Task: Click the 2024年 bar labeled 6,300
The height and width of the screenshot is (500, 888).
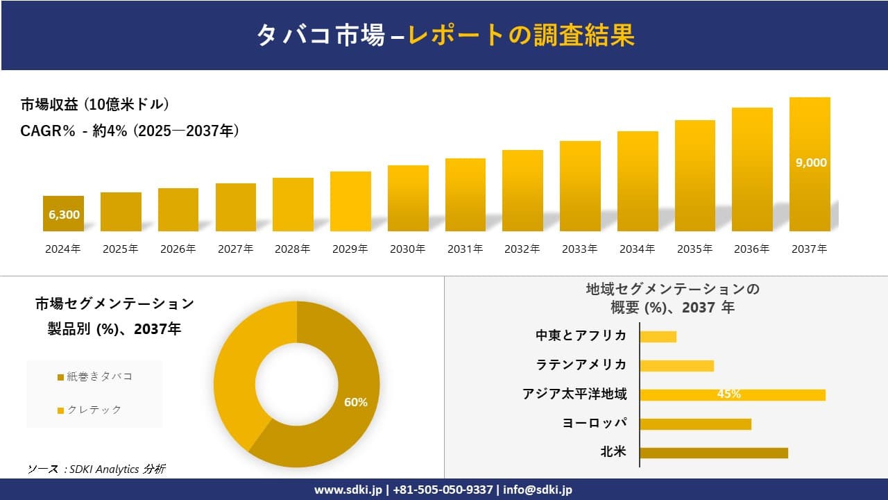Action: click(63, 214)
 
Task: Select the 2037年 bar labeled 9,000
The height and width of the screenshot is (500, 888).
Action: click(810, 164)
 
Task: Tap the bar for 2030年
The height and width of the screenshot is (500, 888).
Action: click(408, 199)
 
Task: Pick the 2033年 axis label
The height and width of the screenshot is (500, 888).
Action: click(579, 249)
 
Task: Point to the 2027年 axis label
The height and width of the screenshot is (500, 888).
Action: click(235, 249)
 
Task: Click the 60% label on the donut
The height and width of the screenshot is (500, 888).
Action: click(356, 402)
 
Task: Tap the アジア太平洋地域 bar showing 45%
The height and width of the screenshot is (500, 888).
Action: click(732, 394)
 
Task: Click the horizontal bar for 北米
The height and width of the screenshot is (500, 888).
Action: click(713, 453)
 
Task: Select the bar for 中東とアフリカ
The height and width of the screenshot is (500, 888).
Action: click(658, 336)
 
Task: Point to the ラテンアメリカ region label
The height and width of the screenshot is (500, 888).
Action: click(581, 365)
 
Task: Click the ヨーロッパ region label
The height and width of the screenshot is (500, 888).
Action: click(595, 423)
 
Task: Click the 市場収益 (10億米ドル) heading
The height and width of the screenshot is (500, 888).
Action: click(95, 105)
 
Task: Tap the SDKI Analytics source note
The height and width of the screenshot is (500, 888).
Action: click(96, 469)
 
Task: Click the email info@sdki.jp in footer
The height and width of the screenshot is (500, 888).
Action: click(538, 490)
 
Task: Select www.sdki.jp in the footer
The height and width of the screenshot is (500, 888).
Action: click(348, 490)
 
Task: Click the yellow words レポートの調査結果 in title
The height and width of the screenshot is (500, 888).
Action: click(521, 35)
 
